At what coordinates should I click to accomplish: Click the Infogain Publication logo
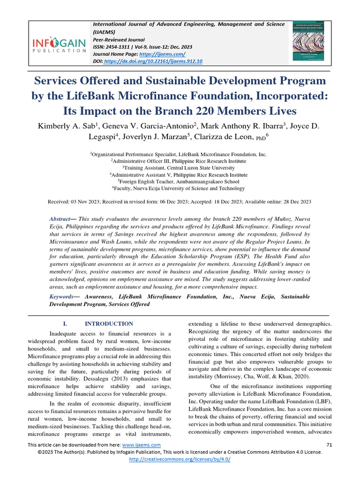[59, 45]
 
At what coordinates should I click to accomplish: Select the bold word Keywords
[62, 297]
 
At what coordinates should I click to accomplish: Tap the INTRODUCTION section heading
[108, 324]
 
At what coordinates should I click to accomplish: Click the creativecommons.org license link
[180, 459]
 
